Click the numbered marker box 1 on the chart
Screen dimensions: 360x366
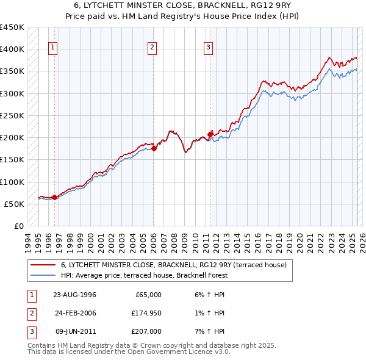coord(53,48)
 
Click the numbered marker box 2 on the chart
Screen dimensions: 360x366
coord(152,48)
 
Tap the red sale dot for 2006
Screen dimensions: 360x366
coord(154,148)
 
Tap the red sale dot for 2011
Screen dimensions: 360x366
coord(210,134)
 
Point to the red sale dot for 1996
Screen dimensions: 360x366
coord(54,197)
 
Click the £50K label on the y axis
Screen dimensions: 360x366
coord(14,204)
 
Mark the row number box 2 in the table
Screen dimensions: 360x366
coord(30,313)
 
